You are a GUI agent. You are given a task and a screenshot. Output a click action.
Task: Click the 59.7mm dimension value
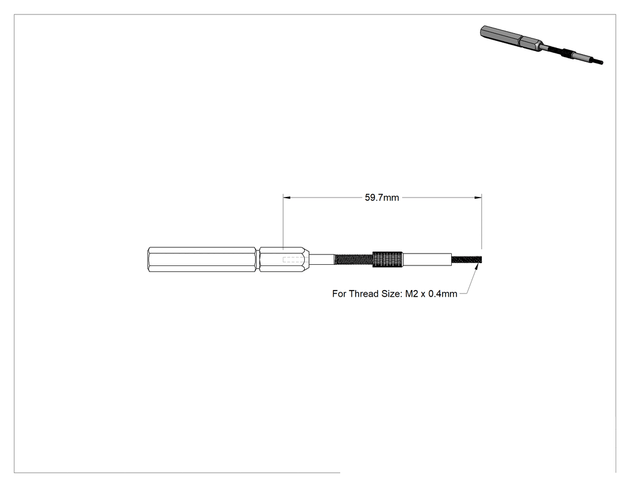coord(382,198)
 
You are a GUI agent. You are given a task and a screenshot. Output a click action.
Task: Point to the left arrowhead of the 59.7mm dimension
coord(286,198)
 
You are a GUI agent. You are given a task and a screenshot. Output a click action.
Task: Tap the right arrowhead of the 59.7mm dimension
coord(478,198)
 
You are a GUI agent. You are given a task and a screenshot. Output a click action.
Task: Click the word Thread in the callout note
coord(364,294)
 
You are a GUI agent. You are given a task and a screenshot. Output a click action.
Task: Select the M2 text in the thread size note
coord(412,294)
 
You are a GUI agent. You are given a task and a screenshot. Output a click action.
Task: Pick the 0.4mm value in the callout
coord(443,294)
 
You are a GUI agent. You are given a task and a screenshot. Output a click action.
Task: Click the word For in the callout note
coord(339,294)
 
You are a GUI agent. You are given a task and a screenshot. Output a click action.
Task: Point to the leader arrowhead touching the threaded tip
coord(476,267)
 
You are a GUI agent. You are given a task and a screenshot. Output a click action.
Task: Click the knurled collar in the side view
coord(388,259)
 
